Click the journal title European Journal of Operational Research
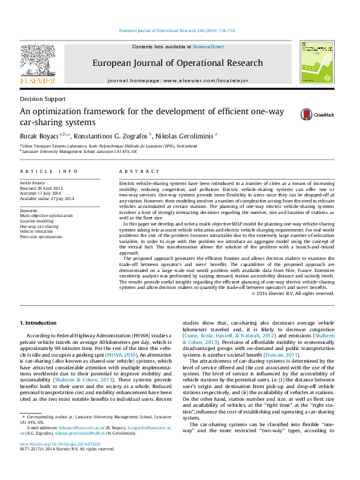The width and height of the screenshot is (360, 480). coord(177,62)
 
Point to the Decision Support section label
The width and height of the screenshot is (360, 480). coord(42,99)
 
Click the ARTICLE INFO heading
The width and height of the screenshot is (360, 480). coord(49,172)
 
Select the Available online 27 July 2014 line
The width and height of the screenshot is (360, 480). coord(47,199)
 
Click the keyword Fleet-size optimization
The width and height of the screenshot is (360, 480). coord(41,237)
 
